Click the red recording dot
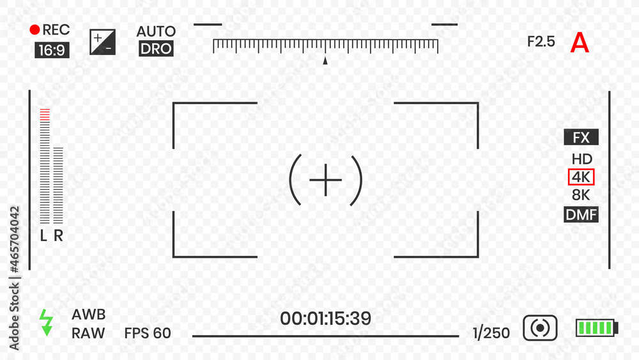[x=35, y=29]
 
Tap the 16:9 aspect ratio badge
[x=52, y=50]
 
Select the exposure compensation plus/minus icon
[x=102, y=42]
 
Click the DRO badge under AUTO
[x=156, y=49]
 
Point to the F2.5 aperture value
[x=541, y=42]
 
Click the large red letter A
[x=580, y=42]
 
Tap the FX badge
[x=581, y=137]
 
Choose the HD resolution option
[x=581, y=159]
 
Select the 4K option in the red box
[x=581, y=177]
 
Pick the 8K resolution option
[x=581, y=195]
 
